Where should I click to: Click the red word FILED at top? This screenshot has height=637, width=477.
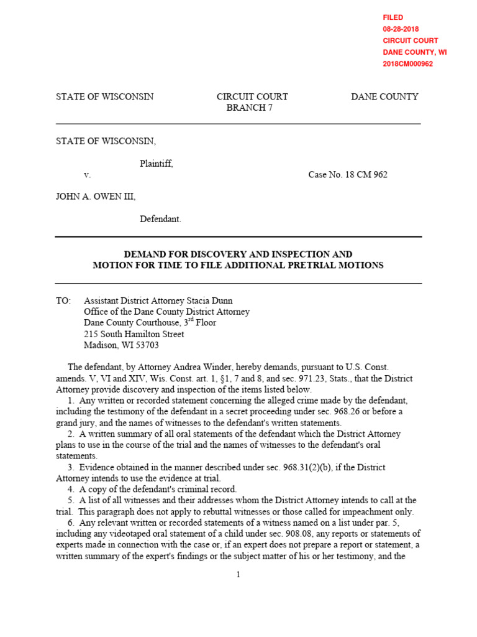[393, 17]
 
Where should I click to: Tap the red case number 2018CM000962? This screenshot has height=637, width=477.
[407, 63]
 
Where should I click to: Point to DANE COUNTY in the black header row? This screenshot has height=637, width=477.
[384, 96]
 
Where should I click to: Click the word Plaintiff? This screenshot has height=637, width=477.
[157, 164]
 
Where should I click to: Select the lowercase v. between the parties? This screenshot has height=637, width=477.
[87, 175]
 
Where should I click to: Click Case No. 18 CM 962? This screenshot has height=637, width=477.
[347, 175]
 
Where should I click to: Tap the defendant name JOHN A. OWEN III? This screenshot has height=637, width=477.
[96, 197]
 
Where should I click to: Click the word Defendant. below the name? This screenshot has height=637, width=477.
[160, 219]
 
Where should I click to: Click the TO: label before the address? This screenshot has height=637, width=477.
[63, 300]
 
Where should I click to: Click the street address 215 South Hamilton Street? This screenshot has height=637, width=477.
[134, 334]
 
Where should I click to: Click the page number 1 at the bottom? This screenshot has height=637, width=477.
[238, 574]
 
